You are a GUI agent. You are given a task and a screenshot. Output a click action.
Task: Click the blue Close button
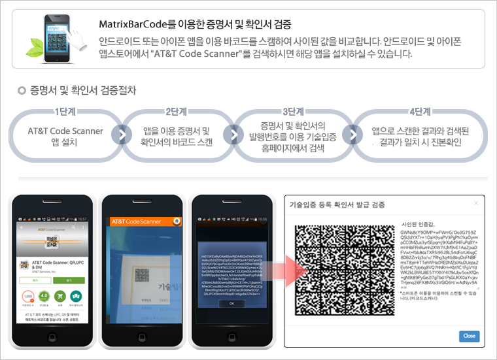[x=469, y=336]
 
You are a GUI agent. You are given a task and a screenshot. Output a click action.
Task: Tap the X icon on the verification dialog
[x=475, y=203]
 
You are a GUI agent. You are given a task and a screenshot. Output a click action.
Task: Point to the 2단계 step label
[x=177, y=111]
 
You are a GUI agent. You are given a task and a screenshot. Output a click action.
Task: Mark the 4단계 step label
[x=419, y=111]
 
